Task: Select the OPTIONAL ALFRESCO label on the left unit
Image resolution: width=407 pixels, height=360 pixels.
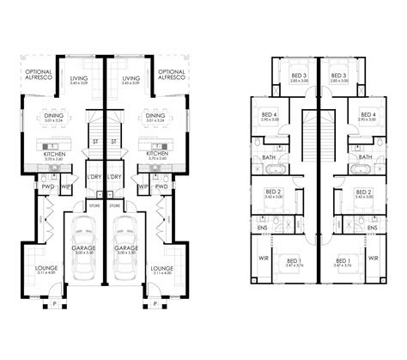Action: click(38, 75)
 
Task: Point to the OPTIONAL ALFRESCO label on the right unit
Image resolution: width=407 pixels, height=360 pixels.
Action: click(172, 75)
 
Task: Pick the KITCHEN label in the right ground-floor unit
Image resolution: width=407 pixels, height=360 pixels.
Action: click(155, 156)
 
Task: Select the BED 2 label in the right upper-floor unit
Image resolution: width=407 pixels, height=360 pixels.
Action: click(362, 192)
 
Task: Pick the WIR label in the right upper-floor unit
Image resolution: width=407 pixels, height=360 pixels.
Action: click(372, 257)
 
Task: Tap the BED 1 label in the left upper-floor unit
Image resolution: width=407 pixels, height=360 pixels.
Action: click(295, 259)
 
